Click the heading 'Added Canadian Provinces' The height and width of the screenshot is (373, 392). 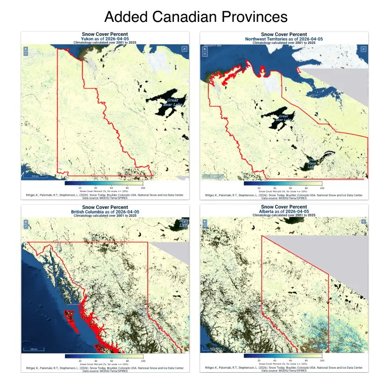point(196,17)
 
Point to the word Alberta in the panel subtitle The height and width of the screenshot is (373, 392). point(268,211)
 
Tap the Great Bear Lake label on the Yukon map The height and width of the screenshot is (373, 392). point(173,102)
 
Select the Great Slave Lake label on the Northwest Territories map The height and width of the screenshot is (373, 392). point(312,163)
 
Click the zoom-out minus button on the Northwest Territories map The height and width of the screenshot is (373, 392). point(205,54)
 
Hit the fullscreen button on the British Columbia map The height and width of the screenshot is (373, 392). point(185,221)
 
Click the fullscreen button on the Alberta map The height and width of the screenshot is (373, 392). point(363,221)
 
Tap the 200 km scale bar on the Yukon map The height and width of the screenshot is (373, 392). point(35,177)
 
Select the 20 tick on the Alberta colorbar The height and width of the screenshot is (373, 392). point(259,361)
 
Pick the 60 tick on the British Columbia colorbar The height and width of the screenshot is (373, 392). point(111,361)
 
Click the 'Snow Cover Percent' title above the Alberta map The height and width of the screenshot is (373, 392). point(284,207)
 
